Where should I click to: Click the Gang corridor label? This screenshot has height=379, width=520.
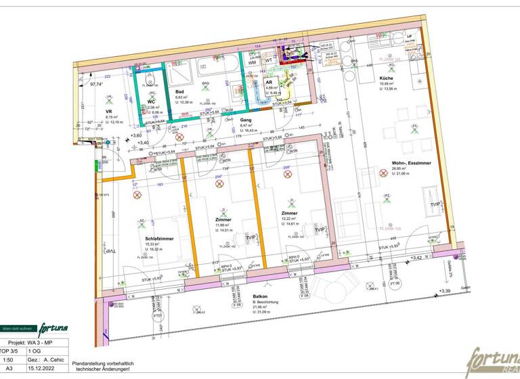246,119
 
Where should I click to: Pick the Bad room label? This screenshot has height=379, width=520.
180,91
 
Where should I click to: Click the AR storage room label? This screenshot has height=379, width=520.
269,82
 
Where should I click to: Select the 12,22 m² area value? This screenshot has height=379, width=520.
290,219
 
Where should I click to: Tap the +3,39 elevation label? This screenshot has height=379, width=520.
444,290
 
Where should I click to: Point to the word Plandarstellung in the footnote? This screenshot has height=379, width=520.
91,363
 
